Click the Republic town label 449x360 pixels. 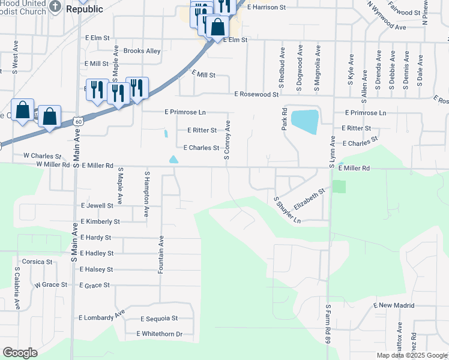tap(84, 9)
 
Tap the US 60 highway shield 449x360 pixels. tap(77, 121)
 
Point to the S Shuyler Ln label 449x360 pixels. tap(287, 210)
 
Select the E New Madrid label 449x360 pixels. tap(394, 305)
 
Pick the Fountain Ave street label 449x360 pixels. tap(161, 254)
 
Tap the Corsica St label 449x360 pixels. tap(37, 262)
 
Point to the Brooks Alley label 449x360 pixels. tap(142, 51)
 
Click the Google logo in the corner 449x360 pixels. tap(20, 353)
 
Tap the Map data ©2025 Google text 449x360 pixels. tap(412, 356)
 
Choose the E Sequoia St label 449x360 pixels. tap(159, 319)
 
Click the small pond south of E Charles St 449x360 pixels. tap(173, 160)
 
